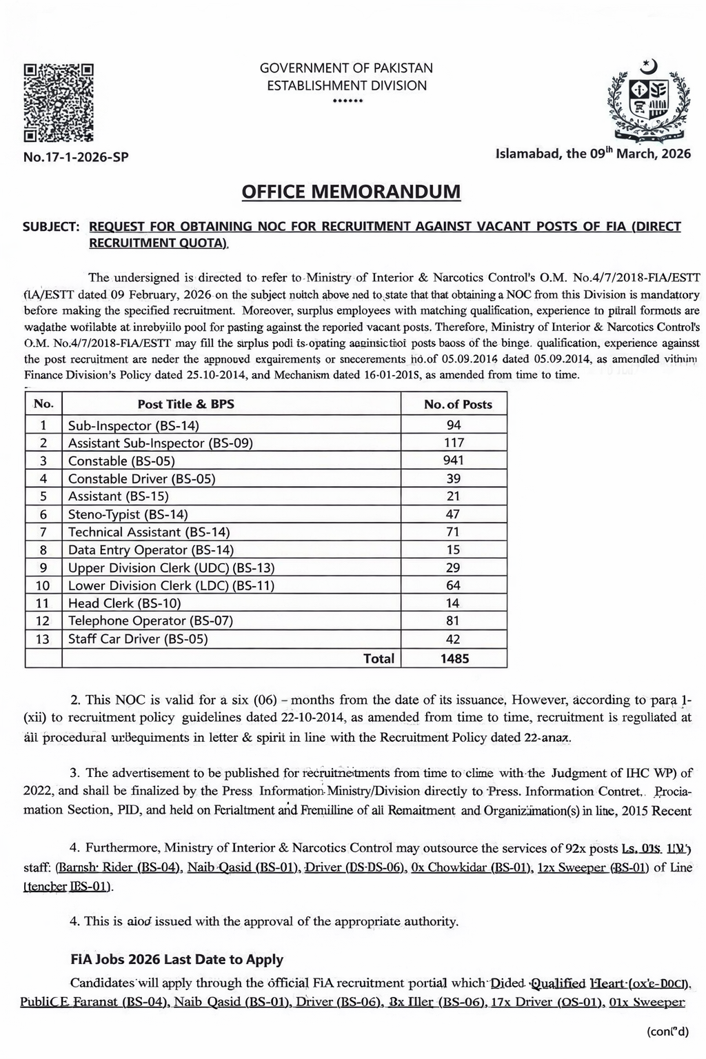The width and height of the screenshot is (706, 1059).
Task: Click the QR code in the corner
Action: coord(59,101)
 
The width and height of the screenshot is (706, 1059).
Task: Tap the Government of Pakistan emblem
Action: coord(647,101)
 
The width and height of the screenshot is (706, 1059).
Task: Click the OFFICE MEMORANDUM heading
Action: coord(351,191)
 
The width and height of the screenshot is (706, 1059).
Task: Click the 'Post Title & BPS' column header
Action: coord(186,404)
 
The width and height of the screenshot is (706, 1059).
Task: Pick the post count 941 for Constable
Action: coord(454,461)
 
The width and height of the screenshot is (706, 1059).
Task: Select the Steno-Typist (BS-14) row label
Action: coord(128,514)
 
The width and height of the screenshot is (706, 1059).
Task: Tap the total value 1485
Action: coord(454,658)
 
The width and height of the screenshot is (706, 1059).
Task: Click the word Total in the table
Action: coord(379,658)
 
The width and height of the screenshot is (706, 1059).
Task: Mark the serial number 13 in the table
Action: coord(43,639)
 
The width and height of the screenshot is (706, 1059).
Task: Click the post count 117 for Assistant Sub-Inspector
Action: coord(454,443)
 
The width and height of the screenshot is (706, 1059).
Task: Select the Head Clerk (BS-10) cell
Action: coord(124,603)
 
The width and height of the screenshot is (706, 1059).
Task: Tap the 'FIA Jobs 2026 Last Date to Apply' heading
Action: coord(177,959)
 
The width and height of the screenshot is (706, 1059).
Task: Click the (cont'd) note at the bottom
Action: coord(668,1031)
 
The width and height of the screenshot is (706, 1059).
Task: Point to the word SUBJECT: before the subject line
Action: coord(51,227)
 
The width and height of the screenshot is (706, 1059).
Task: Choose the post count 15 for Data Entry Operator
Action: coord(454,549)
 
